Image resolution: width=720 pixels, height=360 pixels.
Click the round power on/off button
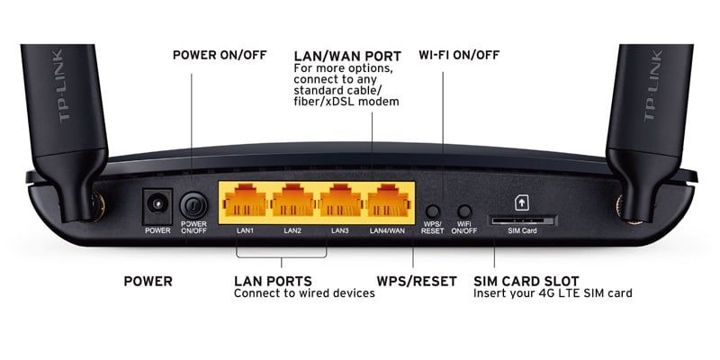click(x=193, y=205)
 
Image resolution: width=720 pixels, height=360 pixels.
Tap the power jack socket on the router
click(x=157, y=206)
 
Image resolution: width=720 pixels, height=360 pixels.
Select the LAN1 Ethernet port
click(x=245, y=200)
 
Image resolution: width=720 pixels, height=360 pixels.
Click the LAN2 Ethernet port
click(x=293, y=200)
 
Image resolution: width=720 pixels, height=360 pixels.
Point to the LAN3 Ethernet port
click(x=340, y=200)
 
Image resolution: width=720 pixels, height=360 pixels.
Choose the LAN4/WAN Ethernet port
click(x=388, y=200)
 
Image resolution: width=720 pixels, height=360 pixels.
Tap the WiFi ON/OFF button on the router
click(x=464, y=211)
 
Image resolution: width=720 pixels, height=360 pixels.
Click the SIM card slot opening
click(x=522, y=220)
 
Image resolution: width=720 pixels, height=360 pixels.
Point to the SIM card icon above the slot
click(x=522, y=202)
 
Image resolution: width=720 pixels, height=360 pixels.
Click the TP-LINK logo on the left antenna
click(x=64, y=85)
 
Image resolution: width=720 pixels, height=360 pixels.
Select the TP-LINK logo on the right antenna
click(x=652, y=85)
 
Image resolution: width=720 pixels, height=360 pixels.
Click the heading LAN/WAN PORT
click(x=347, y=57)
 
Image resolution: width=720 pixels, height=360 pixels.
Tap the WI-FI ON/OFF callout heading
click(x=459, y=56)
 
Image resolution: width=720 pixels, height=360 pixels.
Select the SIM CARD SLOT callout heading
click(x=526, y=281)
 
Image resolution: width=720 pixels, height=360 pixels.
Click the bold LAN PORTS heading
click(x=273, y=281)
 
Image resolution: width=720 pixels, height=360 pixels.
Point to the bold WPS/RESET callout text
click(x=417, y=281)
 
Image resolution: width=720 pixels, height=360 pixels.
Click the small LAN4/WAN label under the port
click(x=388, y=230)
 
